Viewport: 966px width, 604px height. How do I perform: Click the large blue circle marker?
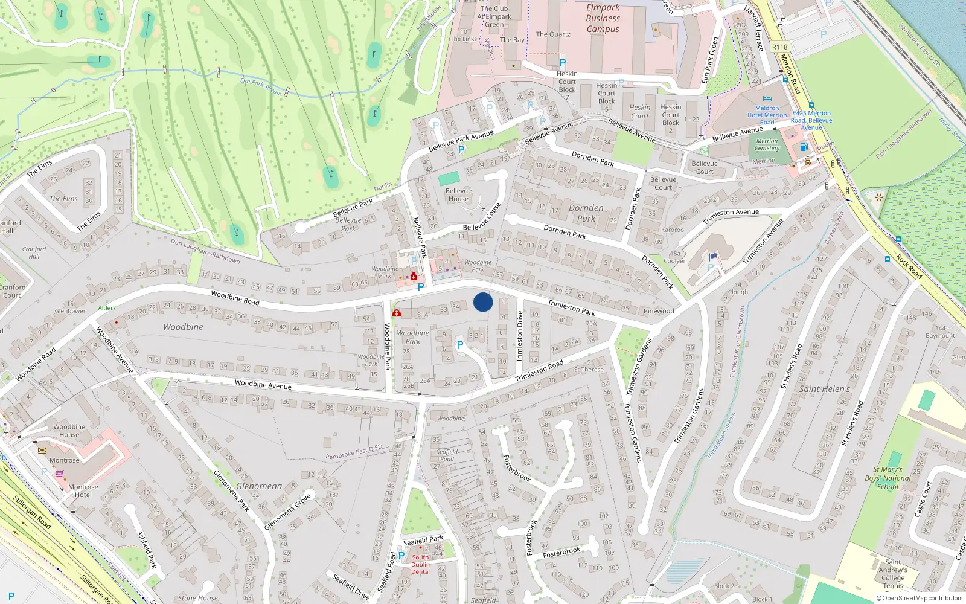[x=483, y=302]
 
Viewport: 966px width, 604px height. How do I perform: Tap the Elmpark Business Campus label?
[x=603, y=18]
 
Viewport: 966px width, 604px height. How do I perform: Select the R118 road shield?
[x=779, y=47]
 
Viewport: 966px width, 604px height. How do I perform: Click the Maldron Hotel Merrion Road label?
[x=767, y=115]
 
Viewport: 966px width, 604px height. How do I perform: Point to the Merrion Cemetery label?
[x=767, y=144]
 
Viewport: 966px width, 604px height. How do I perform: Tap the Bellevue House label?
[x=458, y=194]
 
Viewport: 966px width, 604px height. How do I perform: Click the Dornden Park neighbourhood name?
[x=586, y=213]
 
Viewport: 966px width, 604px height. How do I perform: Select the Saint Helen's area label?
[x=824, y=389]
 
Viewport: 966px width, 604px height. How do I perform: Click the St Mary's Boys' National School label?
[x=888, y=478]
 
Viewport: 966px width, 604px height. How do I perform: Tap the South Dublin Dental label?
[x=420, y=565]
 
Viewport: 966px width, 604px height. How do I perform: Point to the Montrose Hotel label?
[x=83, y=490]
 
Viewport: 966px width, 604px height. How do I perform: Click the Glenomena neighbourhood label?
[x=259, y=486]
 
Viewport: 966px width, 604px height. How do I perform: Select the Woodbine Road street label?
[x=235, y=297]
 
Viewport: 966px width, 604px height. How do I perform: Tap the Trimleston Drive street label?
[x=520, y=336]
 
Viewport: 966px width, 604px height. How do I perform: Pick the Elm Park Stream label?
[x=261, y=85]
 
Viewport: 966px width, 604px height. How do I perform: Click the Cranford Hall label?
[x=34, y=252]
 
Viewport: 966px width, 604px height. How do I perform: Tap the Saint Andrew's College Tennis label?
[x=893, y=573]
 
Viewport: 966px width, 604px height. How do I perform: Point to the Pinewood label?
[x=659, y=311]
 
